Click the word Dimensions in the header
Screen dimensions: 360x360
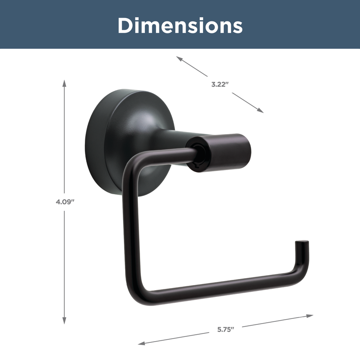tap(180, 25)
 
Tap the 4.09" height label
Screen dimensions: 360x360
tap(65, 202)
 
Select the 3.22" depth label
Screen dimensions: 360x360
tap(220, 84)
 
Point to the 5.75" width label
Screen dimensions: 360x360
tap(226, 330)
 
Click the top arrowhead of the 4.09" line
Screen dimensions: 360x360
tap(64, 83)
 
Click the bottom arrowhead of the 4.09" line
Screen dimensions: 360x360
tap(64, 321)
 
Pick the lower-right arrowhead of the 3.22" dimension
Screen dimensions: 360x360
tap(261, 111)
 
